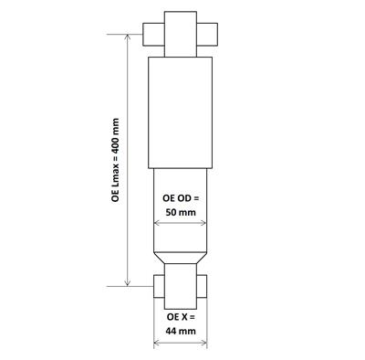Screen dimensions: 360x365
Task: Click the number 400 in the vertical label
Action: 116,138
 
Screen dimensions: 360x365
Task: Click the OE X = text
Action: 180,317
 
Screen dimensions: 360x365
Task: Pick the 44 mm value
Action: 180,333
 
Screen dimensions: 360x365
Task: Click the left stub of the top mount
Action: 154,32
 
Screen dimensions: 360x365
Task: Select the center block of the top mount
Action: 181,32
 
